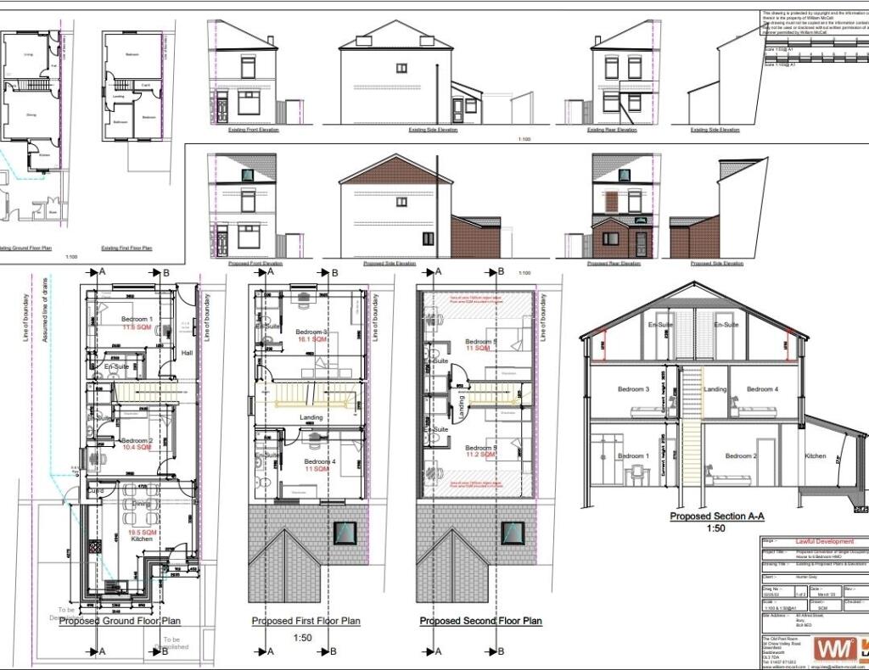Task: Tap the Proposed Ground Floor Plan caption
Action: pyautogui.click(x=119, y=621)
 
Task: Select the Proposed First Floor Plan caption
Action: pyautogui.click(x=306, y=621)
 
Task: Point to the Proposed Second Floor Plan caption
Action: pyautogui.click(x=480, y=621)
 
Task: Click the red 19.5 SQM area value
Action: pyautogui.click(x=140, y=532)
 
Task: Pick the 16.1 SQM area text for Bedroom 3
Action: pyautogui.click(x=311, y=339)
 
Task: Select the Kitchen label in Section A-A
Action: pyautogui.click(x=815, y=456)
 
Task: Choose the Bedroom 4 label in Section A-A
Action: pyautogui.click(x=761, y=389)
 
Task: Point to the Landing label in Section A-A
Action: pyautogui.click(x=716, y=389)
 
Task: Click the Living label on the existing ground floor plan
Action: pyautogui.click(x=28, y=53)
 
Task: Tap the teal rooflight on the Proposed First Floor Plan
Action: pyautogui.click(x=345, y=532)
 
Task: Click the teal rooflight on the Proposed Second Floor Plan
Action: pyautogui.click(x=512, y=532)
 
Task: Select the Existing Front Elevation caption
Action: pyautogui.click(x=253, y=130)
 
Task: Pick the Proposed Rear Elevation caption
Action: pyautogui.click(x=614, y=263)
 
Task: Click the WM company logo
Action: pyautogui.click(x=830, y=649)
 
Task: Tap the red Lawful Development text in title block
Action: pyautogui.click(x=825, y=541)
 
